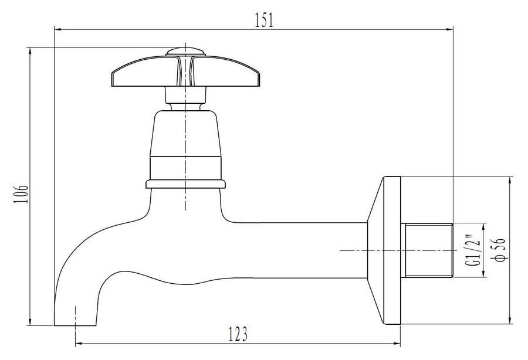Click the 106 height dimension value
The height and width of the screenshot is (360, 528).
(x=21, y=193)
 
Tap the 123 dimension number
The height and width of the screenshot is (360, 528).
(x=238, y=334)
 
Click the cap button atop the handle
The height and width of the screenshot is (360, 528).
(x=185, y=52)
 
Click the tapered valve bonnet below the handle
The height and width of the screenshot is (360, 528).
(x=185, y=145)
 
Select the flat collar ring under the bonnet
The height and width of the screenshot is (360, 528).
(x=185, y=184)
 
